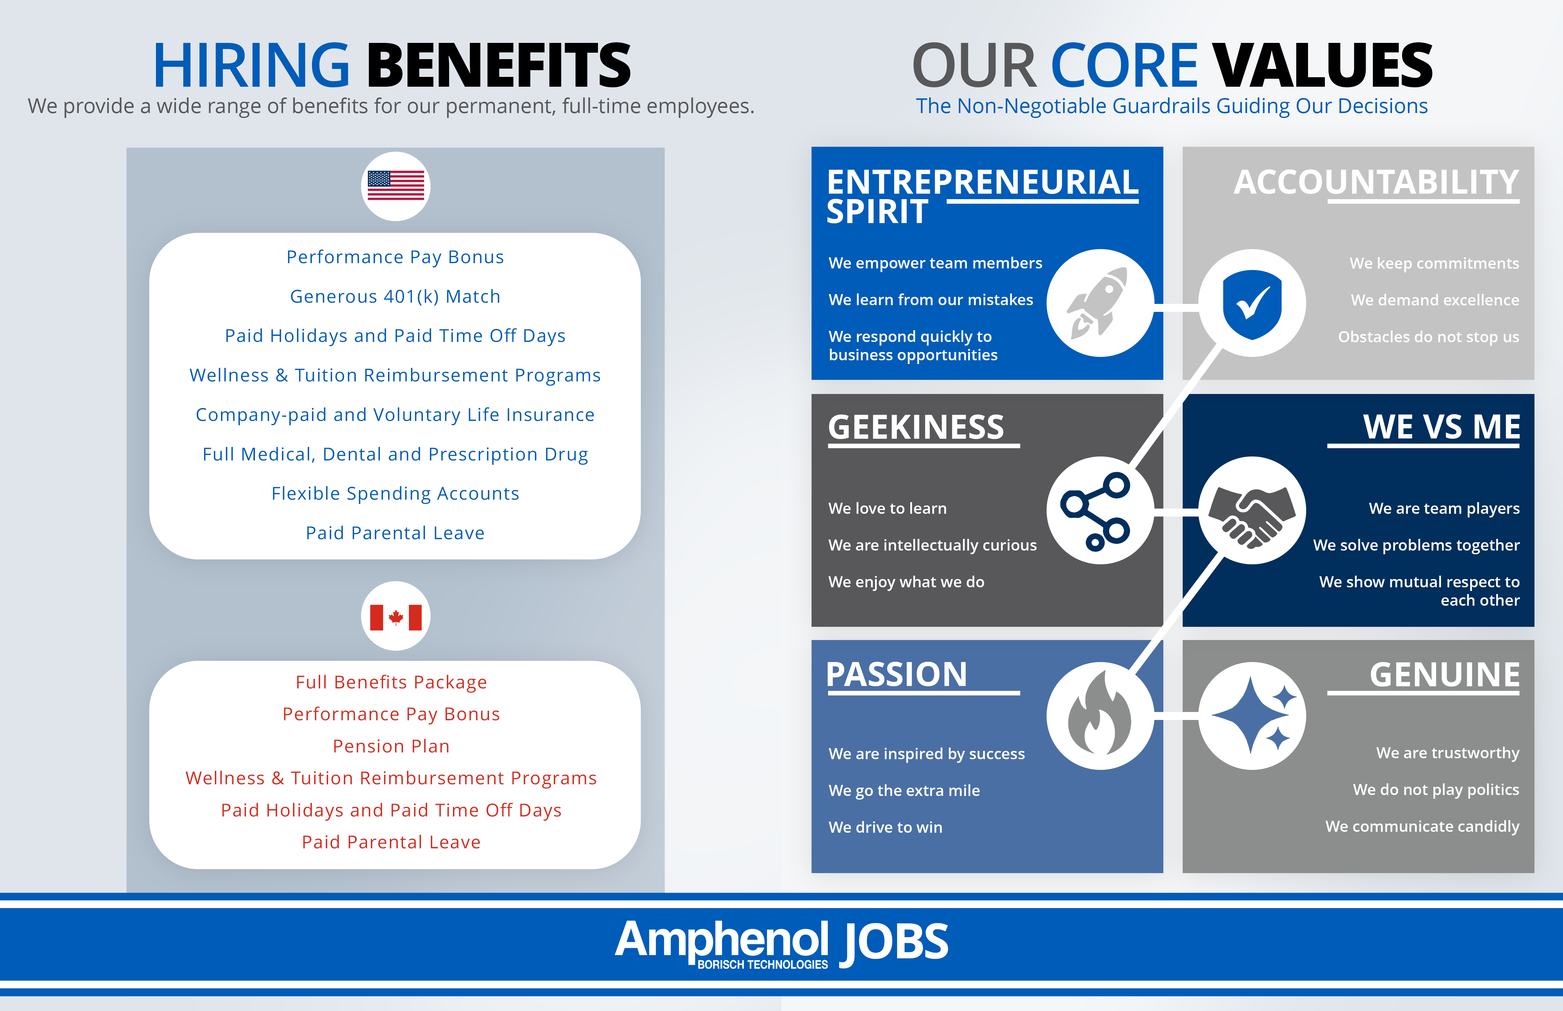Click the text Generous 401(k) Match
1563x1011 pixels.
pyautogui.click(x=395, y=297)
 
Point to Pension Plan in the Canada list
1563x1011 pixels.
pyautogui.click(x=391, y=746)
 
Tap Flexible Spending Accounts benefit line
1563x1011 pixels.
pyautogui.click(x=395, y=494)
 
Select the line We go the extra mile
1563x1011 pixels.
pyautogui.click(x=904, y=791)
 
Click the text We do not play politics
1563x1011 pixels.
pyautogui.click(x=1436, y=790)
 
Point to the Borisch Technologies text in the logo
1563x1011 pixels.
pyautogui.click(x=762, y=964)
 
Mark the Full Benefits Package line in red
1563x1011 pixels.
pyautogui.click(x=391, y=683)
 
